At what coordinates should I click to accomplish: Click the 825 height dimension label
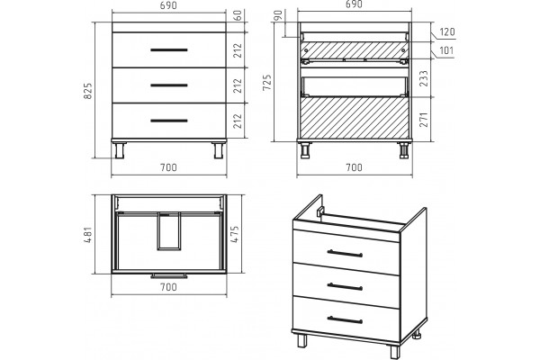[x=88, y=91]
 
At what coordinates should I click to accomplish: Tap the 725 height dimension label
[x=267, y=82]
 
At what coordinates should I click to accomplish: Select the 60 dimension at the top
[x=238, y=15]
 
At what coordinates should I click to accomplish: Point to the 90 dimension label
[x=279, y=15]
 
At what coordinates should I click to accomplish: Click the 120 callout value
[x=447, y=31]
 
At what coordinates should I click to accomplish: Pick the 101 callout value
[x=446, y=50]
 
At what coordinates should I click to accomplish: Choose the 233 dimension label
[x=424, y=78]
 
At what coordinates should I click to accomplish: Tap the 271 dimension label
[x=424, y=119]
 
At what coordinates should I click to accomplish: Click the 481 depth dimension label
[x=88, y=235]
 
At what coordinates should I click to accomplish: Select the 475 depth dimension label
[x=234, y=235]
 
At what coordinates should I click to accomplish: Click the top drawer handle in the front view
[x=169, y=50]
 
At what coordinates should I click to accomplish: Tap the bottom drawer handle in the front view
[x=169, y=121]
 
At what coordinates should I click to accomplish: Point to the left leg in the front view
[x=120, y=150]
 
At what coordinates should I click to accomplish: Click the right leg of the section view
[x=403, y=150]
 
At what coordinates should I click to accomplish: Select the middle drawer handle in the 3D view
[x=345, y=286]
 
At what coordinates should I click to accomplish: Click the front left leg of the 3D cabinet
[x=302, y=340]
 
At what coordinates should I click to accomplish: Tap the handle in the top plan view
[x=169, y=276]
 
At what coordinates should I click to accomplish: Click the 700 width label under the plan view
[x=169, y=287]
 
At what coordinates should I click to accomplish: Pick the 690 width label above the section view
[x=354, y=4]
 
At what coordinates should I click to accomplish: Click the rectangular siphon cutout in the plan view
[x=169, y=230]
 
